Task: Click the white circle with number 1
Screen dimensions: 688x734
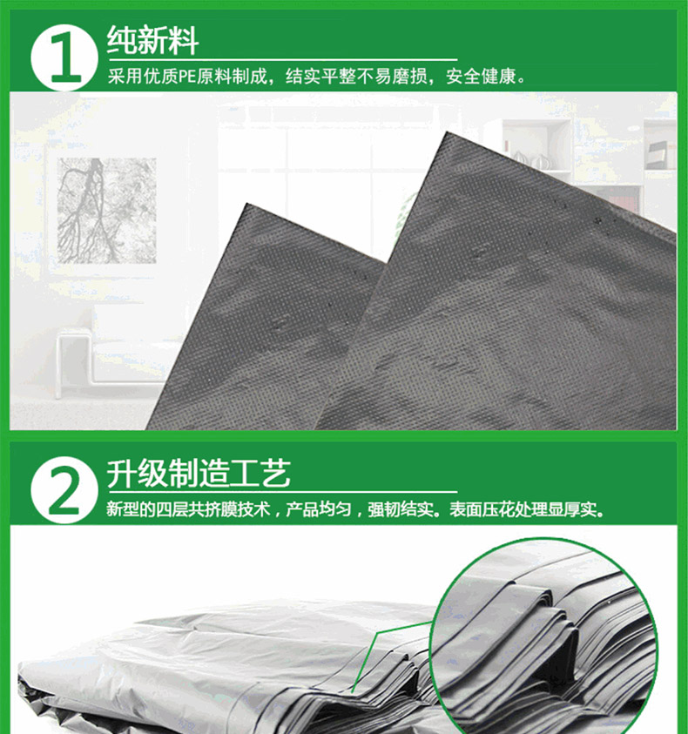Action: (64, 57)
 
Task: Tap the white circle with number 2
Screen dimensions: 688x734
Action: (64, 489)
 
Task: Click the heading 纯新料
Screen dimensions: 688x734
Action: (152, 40)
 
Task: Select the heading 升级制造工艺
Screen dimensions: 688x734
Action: (199, 473)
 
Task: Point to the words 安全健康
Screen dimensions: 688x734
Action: (481, 76)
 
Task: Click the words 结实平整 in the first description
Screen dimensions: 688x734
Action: (320, 76)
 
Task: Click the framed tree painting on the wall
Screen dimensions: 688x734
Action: (107, 211)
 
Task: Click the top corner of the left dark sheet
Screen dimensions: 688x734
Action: (246, 204)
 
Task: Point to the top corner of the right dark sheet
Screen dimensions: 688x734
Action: (445, 133)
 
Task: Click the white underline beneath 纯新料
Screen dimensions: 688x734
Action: (282, 59)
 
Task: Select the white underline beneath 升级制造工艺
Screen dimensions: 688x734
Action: (282, 492)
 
